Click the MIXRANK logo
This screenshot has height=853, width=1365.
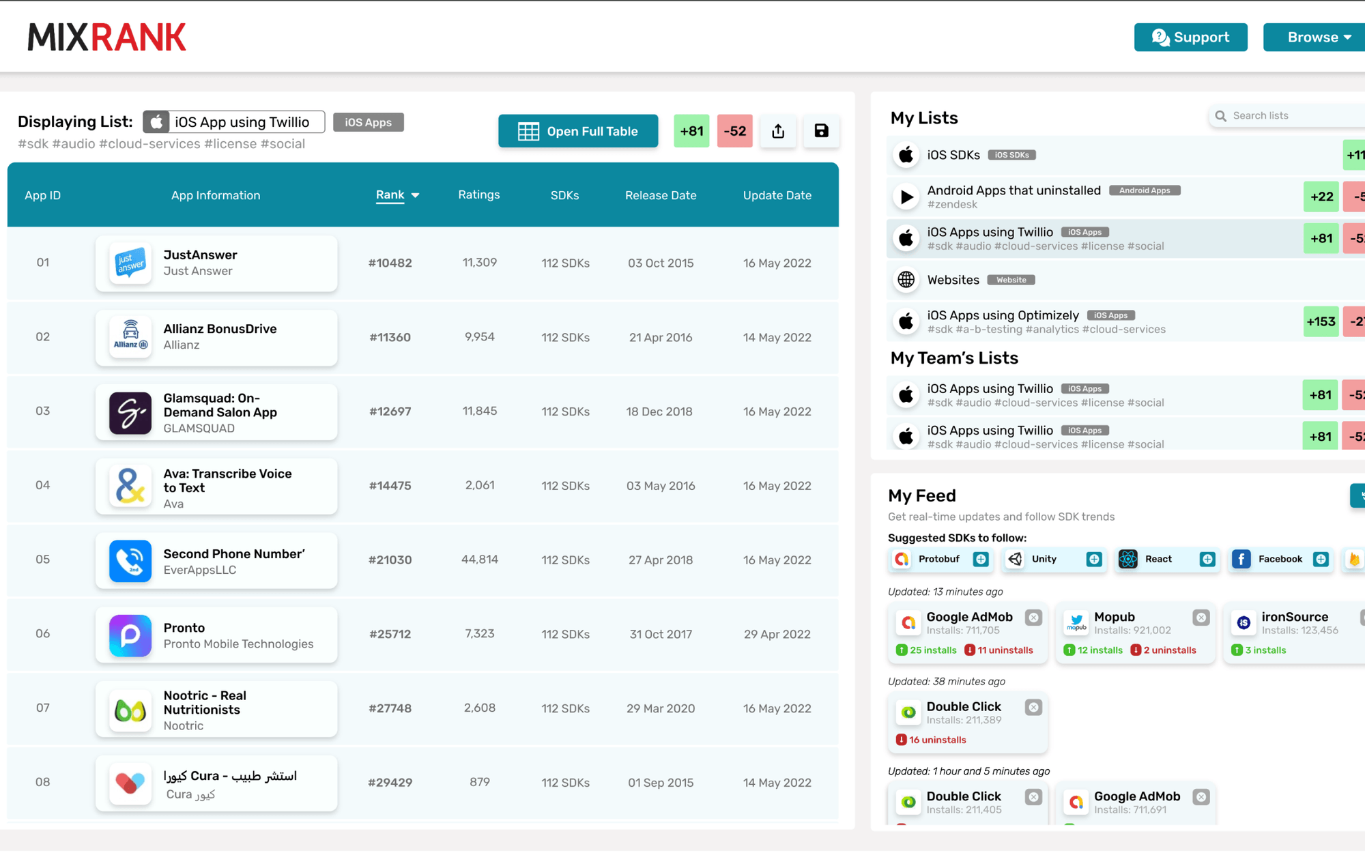click(x=106, y=37)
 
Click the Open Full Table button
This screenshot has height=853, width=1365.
click(x=578, y=131)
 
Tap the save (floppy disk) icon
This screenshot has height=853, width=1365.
click(x=821, y=131)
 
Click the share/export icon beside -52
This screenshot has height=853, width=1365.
click(x=778, y=131)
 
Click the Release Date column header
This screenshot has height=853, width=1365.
click(x=660, y=196)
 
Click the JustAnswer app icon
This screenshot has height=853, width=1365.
click(x=130, y=263)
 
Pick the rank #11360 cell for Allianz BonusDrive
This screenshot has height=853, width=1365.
click(x=390, y=337)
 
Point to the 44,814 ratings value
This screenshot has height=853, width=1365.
click(x=479, y=560)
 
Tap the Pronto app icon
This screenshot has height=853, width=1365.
click(x=130, y=635)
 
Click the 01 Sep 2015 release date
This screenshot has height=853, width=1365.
click(x=660, y=783)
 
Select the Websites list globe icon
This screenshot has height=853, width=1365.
click(x=906, y=280)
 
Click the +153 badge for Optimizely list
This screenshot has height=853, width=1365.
click(x=1321, y=321)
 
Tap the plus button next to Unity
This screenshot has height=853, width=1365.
click(x=1094, y=560)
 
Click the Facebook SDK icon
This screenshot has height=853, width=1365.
click(x=1241, y=560)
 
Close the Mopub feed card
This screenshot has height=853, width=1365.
click(x=1201, y=618)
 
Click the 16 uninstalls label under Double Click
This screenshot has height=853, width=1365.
click(x=937, y=740)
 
